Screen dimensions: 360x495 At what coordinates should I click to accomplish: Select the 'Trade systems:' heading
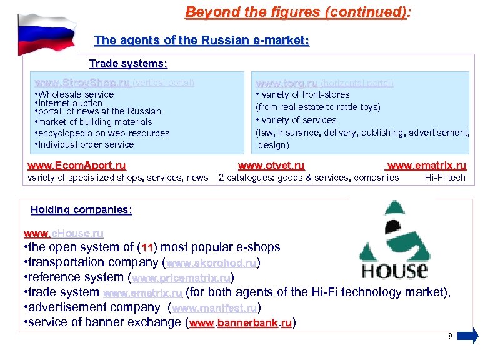tap(128, 64)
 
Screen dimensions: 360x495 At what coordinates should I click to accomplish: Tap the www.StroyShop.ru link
tap(82, 82)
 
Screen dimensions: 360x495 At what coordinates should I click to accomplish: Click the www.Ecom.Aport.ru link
tap(77, 166)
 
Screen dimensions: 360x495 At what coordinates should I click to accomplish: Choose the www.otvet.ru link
tap(271, 166)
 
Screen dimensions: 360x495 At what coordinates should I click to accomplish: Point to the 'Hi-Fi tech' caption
tap(445, 177)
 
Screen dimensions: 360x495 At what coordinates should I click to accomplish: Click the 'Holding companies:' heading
tap(81, 210)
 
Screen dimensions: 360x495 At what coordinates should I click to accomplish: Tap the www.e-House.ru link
tap(63, 233)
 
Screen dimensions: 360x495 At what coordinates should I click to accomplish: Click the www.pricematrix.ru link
tap(181, 277)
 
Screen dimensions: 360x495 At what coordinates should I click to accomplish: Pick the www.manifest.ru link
tap(214, 307)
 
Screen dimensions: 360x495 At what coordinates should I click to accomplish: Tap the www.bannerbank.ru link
tap(241, 323)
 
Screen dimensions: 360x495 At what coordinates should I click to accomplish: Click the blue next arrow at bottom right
tap(468, 337)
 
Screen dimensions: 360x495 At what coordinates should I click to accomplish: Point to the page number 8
tap(450, 337)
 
